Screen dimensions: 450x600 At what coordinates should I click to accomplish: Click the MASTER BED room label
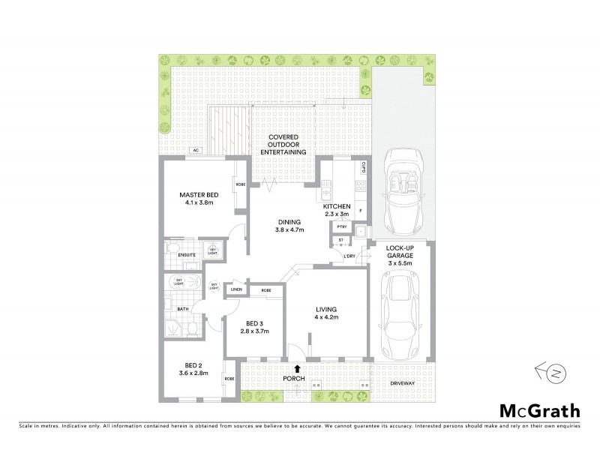coord(197,195)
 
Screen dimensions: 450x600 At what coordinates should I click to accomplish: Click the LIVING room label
coord(326,309)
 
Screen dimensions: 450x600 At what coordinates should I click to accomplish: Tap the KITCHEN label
coord(337,206)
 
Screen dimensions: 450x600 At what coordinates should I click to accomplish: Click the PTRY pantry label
coord(341,226)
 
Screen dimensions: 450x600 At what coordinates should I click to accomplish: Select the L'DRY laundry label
coord(349,257)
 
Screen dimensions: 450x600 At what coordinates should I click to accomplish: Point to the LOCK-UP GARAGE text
coord(402,251)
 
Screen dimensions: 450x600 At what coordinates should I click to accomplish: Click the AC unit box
coord(196,151)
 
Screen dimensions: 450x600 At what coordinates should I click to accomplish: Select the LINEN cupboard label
coord(236,289)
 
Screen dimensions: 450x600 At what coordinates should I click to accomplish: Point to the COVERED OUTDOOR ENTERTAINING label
coord(283,144)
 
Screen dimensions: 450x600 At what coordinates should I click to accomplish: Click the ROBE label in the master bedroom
coord(241,184)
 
